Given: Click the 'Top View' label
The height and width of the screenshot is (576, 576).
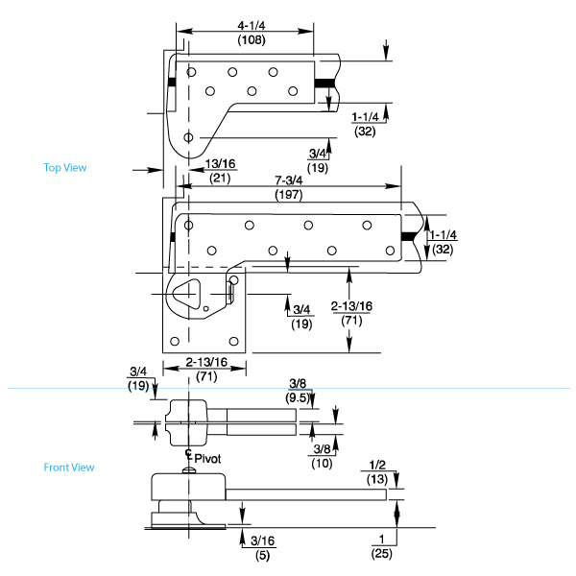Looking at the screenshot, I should click(x=65, y=168).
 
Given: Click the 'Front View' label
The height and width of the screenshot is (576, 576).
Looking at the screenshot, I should click(x=69, y=468).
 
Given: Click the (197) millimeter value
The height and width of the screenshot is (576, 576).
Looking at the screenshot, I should click(x=289, y=195).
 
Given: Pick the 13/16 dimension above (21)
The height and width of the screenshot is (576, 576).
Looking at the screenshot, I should click(x=222, y=163).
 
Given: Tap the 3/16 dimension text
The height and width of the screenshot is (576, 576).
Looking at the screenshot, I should click(x=261, y=540).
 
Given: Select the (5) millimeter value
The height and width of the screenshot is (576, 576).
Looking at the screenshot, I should click(x=261, y=554).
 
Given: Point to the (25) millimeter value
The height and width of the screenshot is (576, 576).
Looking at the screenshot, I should click(x=383, y=554).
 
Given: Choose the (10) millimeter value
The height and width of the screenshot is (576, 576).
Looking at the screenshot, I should click(x=324, y=464).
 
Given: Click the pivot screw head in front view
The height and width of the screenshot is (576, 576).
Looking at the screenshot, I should click(x=189, y=469).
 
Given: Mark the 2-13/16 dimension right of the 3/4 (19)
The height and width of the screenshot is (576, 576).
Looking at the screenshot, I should click(x=352, y=305).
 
